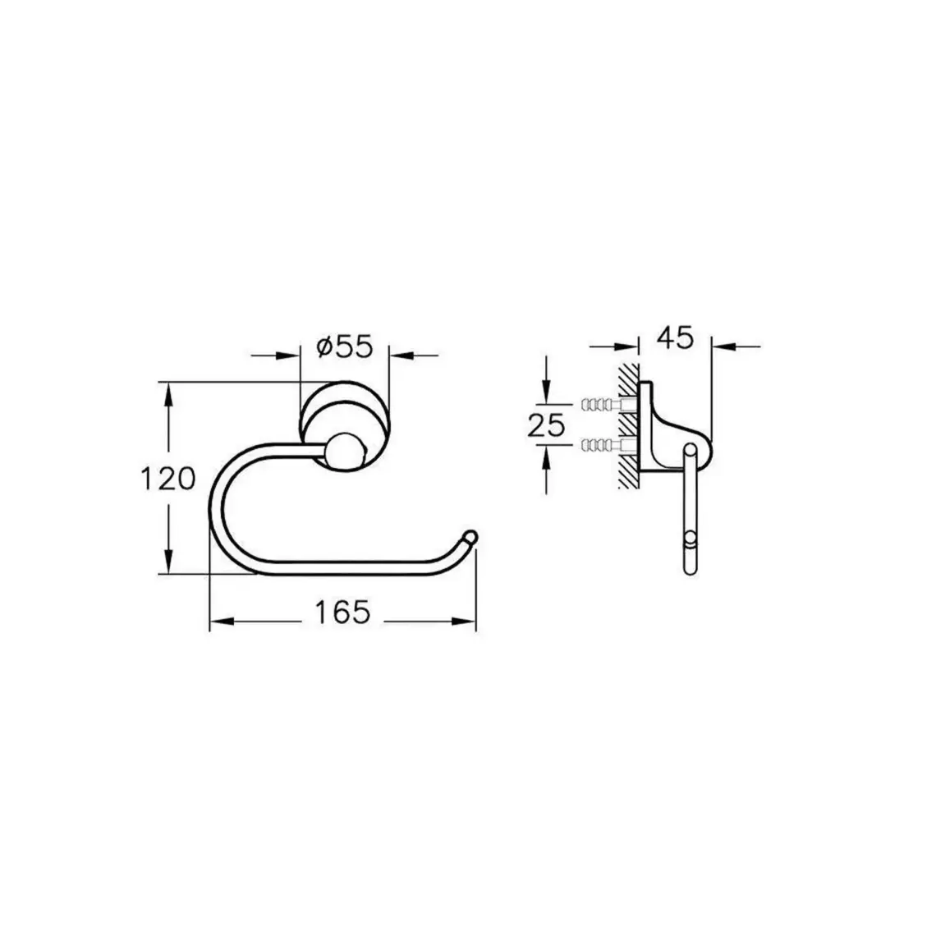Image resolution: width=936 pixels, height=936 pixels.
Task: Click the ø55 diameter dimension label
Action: click(x=345, y=346)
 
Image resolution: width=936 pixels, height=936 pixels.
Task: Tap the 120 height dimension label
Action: click(x=167, y=479)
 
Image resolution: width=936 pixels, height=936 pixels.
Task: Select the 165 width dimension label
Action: click(x=342, y=612)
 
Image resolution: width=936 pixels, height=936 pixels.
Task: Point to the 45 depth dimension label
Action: click(x=675, y=338)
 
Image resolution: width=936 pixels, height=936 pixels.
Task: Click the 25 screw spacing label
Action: click(x=546, y=425)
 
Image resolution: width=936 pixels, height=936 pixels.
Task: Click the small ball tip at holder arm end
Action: click(x=470, y=536)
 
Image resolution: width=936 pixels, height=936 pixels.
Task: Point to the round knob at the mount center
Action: click(x=345, y=452)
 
